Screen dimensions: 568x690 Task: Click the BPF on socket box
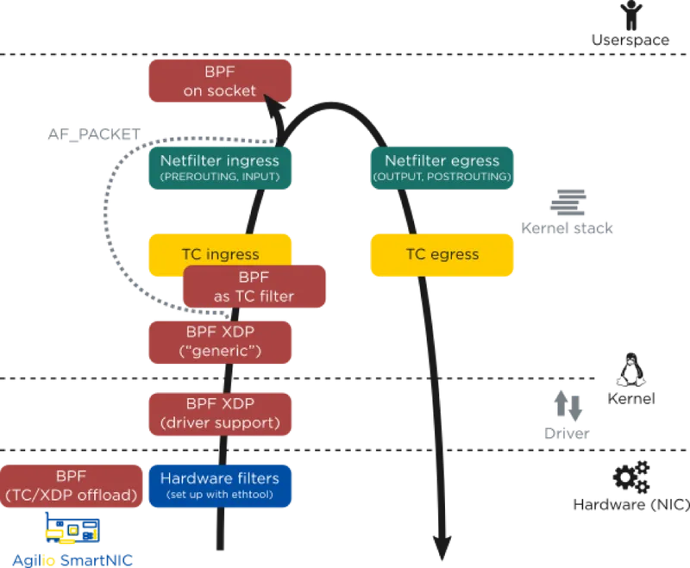[x=220, y=81]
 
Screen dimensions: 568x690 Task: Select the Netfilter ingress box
[x=220, y=167]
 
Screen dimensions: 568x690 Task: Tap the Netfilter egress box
[x=442, y=167]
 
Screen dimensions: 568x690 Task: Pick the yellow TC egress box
[x=442, y=254]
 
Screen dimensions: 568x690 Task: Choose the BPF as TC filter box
[x=254, y=287]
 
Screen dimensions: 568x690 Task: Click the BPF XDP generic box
[x=220, y=341]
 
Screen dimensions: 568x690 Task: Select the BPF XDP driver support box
[x=220, y=414]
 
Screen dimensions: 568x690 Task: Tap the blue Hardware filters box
[x=220, y=485]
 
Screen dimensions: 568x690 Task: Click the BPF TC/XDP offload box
[x=72, y=485]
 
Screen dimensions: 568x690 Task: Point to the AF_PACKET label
[x=94, y=136]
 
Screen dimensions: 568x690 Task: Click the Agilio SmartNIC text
[x=72, y=559]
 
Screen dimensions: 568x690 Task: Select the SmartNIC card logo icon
[x=72, y=528]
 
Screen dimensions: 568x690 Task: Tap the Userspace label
[x=630, y=41]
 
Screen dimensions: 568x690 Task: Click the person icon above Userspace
[x=634, y=13]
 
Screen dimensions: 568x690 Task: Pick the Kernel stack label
[x=568, y=228]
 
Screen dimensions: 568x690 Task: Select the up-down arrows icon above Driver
[x=568, y=405]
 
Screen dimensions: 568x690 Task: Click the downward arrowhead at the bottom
[x=442, y=547]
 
